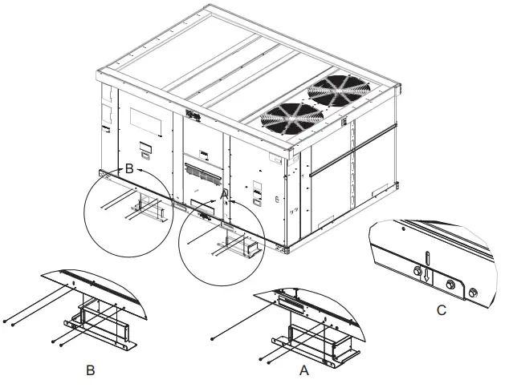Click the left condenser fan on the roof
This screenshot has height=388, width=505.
coord(288,116)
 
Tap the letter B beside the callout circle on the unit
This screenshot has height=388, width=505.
coord(128,169)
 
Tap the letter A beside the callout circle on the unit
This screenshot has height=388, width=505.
coord(224,193)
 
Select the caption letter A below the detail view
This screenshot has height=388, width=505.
coord(303,371)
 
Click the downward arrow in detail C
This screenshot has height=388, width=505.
coord(430,273)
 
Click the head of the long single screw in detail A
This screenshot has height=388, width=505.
coord(212,340)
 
